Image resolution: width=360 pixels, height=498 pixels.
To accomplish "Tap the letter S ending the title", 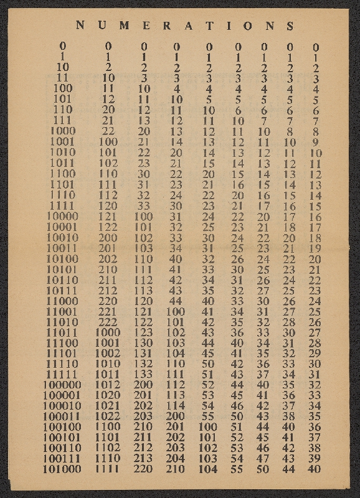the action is click(x=289, y=26).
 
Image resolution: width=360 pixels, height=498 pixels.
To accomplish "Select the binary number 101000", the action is click(x=62, y=469).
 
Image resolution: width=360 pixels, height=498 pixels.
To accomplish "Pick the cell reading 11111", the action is click(x=62, y=374).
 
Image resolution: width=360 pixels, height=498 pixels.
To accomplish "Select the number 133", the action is click(x=144, y=374).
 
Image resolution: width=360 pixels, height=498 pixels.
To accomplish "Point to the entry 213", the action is click(x=144, y=458).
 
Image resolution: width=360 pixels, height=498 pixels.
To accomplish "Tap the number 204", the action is click(x=176, y=458).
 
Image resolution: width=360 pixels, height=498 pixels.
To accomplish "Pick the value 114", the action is click(x=176, y=406).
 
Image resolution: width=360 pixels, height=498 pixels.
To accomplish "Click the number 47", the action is click(x=263, y=458).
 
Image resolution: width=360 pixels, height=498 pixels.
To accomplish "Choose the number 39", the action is click(x=315, y=458).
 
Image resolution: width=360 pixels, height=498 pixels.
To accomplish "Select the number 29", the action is click(x=315, y=353).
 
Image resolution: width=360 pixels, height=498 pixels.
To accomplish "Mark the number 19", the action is click(x=315, y=248).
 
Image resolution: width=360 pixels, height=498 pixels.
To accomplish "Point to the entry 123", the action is click(x=144, y=332).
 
